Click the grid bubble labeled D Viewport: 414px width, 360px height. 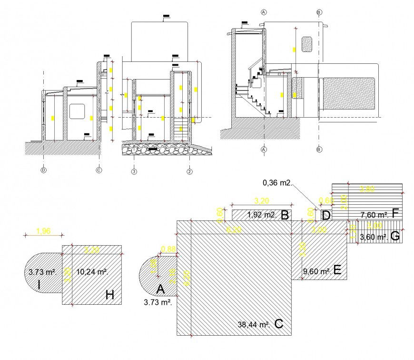(x=43, y=170)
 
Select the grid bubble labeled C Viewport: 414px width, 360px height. (x=99, y=170)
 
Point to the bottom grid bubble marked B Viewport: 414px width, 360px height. (x=319, y=149)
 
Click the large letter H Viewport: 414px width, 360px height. (x=110, y=295)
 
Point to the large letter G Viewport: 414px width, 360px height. (x=394, y=235)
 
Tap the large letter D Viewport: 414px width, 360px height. (x=325, y=215)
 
